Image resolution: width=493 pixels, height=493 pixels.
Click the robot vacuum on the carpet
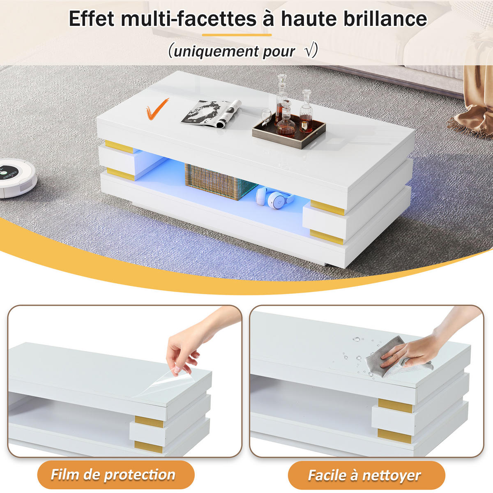pyautogui.click(x=16, y=178)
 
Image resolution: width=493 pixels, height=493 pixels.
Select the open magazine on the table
pyautogui.click(x=211, y=113)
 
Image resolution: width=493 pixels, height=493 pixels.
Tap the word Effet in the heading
pyautogui.click(x=91, y=18)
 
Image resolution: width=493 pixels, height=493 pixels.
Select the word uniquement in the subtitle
pyautogui.click(x=216, y=51)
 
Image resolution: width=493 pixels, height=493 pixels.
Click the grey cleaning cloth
pyautogui.click(x=394, y=358)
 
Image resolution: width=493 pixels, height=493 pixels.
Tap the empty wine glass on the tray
pyautogui.click(x=266, y=117)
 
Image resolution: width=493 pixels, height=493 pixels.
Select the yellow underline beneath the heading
pyautogui.click(x=237, y=35)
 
